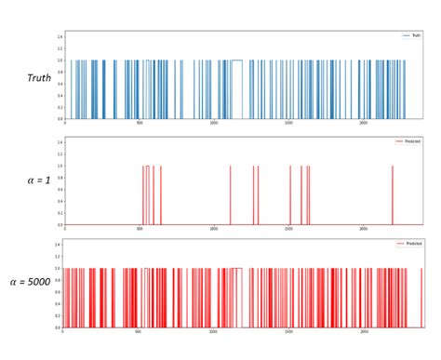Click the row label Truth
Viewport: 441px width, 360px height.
pos(38,78)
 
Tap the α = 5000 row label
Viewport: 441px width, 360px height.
pos(31,280)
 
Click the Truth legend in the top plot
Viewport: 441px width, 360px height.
pos(411,35)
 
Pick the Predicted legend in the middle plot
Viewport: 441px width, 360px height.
pos(408,140)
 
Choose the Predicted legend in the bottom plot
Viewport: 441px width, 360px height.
pos(408,244)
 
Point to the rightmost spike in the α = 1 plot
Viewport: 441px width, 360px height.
pos(393,195)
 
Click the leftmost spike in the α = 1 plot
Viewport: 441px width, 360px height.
pos(143,195)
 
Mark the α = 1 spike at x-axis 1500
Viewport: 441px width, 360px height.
pos(290,195)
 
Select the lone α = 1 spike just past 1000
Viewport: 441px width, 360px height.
pos(230,195)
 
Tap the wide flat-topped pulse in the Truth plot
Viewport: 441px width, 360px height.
pos(236,61)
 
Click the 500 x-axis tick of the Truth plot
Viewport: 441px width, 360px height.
pos(140,123)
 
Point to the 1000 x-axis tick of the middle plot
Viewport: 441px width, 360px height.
pos(215,228)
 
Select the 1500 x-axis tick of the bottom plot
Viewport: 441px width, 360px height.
pos(289,331)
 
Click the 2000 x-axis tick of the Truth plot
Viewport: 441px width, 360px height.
pos(364,123)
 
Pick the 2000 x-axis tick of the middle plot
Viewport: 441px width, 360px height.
pos(364,228)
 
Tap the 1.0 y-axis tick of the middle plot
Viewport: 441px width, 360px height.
pos(58,167)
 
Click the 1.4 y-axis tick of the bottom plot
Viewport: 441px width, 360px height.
pos(58,245)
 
